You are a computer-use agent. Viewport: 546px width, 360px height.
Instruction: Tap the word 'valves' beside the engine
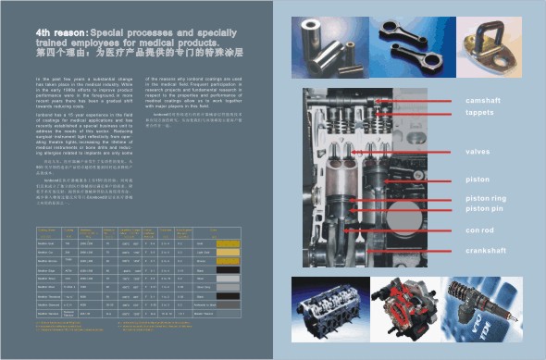coord(478,151)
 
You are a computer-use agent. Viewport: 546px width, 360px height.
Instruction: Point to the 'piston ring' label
coord(486,198)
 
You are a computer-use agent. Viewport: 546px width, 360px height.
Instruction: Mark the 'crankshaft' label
coord(487,251)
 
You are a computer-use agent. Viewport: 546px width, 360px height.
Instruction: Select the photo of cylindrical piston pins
coord(328,46)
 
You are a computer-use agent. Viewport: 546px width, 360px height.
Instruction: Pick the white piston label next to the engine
coord(478,180)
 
